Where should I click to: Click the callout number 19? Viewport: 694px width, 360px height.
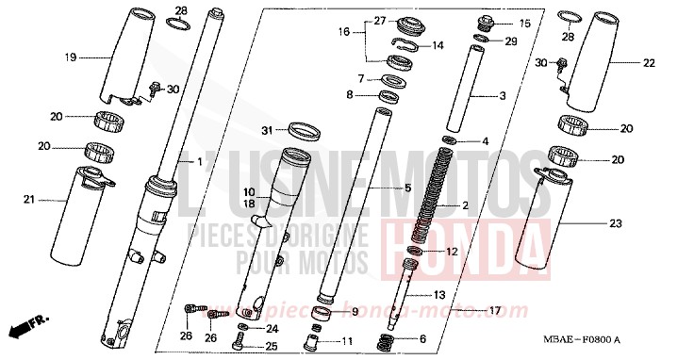click(x=70, y=57)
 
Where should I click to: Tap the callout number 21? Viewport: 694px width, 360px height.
click(x=29, y=199)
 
